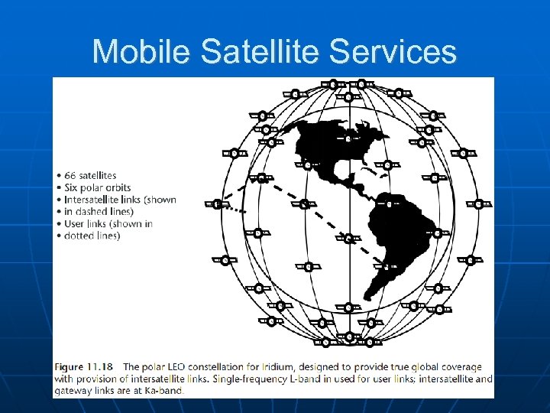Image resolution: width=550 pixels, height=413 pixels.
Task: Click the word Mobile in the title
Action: (x=142, y=52)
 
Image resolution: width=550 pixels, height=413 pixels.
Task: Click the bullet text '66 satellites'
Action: (x=90, y=175)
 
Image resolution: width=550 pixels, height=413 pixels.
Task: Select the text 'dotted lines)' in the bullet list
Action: (x=92, y=236)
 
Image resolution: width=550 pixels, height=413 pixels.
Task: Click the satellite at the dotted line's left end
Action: (x=217, y=204)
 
